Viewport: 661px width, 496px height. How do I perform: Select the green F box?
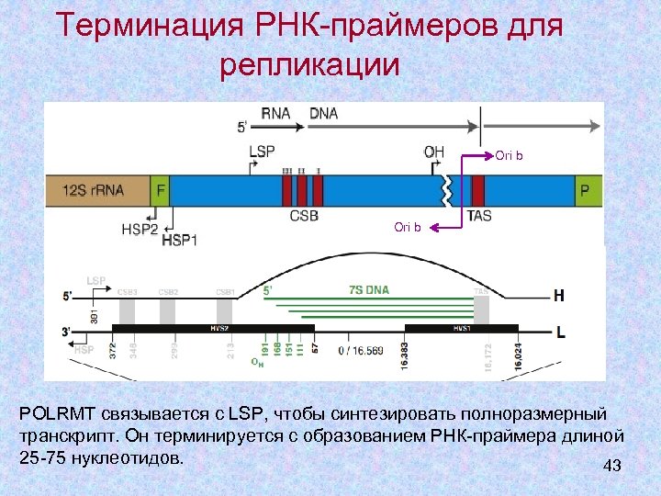pyautogui.click(x=160, y=191)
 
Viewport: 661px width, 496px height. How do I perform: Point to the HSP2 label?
pyautogui.click(x=140, y=229)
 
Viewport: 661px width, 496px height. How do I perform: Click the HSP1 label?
pyautogui.click(x=180, y=240)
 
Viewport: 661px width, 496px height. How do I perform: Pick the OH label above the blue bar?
pyautogui.click(x=433, y=152)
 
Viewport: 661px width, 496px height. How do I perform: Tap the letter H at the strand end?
pyautogui.click(x=559, y=297)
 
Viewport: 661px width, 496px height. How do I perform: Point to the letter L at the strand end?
pyautogui.click(x=559, y=330)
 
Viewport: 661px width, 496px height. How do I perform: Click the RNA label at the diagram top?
pyautogui.click(x=275, y=114)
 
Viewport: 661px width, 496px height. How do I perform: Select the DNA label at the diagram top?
pyautogui.click(x=323, y=114)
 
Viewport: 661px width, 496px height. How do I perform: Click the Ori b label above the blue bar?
pyautogui.click(x=509, y=156)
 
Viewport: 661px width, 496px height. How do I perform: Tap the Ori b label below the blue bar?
pyautogui.click(x=408, y=227)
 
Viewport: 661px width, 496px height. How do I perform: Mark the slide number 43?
pyautogui.click(x=612, y=467)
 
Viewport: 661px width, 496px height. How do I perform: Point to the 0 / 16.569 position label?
pyautogui.click(x=360, y=350)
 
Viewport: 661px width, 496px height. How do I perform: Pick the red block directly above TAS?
pyautogui.click(x=478, y=191)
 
